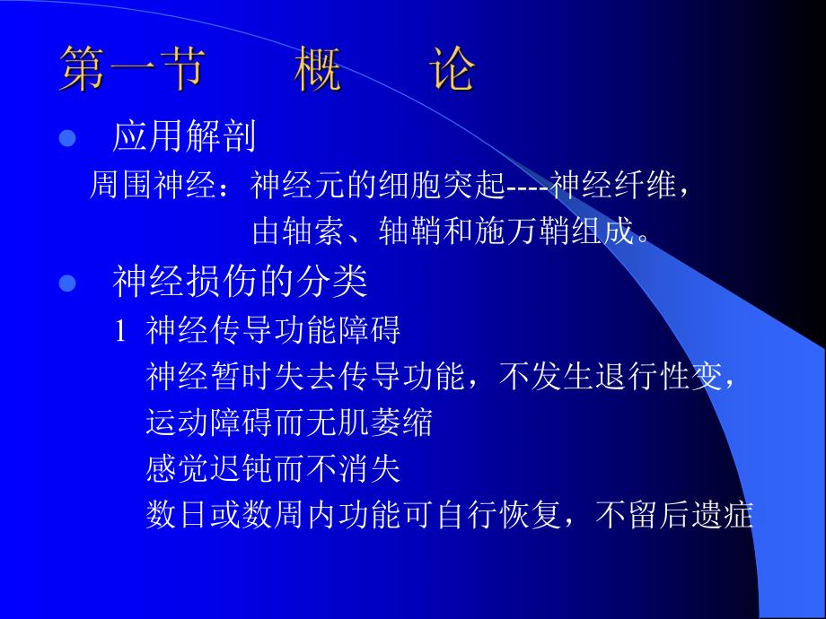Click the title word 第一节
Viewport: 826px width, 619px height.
coord(131,70)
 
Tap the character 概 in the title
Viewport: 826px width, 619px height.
coord(318,70)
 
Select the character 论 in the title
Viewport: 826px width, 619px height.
coord(451,70)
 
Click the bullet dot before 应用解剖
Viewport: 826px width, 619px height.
coord(65,139)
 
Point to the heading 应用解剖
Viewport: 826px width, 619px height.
coord(184,137)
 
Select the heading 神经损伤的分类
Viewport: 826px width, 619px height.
coord(240,283)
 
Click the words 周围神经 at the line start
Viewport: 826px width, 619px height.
coord(144,186)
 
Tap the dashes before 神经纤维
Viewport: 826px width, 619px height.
coord(528,187)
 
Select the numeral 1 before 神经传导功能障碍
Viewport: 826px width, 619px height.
coord(119,332)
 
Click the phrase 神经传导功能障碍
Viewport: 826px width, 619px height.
coord(273,331)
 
